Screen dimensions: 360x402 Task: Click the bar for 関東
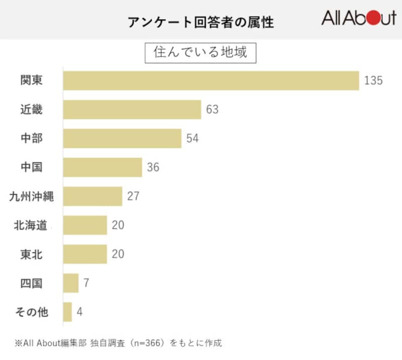click(x=211, y=80)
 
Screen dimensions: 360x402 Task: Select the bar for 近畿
click(x=132, y=109)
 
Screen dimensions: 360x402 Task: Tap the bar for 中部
click(x=122, y=139)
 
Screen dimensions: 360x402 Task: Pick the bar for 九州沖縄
click(x=93, y=196)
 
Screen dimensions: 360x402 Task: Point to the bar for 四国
click(x=71, y=283)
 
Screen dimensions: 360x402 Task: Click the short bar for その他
click(x=68, y=312)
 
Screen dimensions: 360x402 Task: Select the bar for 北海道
click(x=85, y=225)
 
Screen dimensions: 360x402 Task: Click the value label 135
click(x=373, y=80)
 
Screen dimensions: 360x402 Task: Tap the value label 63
click(x=212, y=109)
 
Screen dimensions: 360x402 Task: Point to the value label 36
click(x=153, y=167)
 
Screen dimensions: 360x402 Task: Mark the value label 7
click(x=86, y=283)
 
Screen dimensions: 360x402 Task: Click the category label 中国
click(x=31, y=167)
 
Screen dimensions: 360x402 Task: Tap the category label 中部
click(x=31, y=139)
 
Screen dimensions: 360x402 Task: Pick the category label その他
click(x=31, y=312)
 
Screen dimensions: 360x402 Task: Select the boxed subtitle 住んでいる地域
click(x=200, y=52)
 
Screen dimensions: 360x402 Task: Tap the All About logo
click(x=359, y=19)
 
